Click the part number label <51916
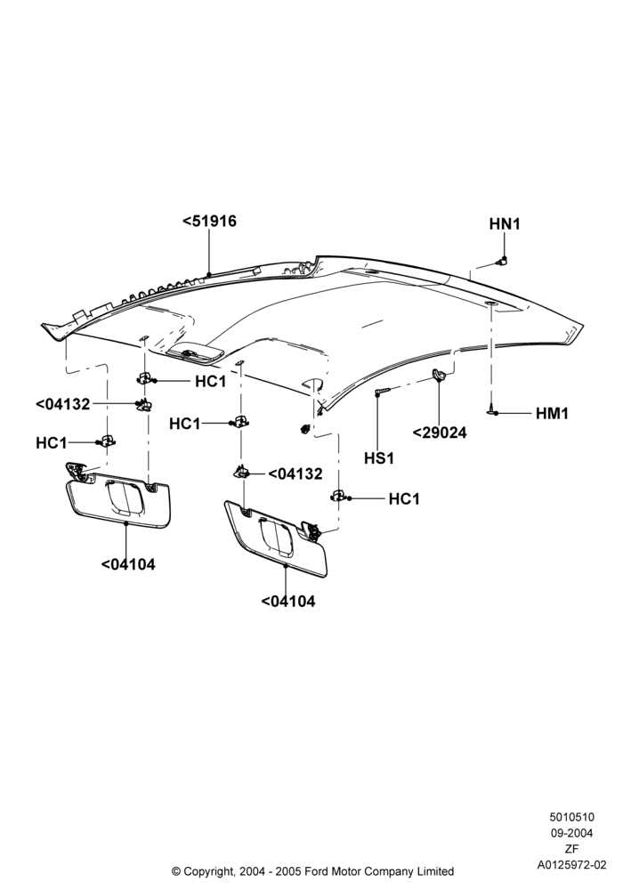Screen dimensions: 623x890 pos(209,221)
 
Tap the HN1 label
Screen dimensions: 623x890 pos(505,224)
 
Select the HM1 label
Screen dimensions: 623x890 pos(552,413)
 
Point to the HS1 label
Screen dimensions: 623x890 pos(379,457)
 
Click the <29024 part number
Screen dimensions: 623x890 pos(440,433)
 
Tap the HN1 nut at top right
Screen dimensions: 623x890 pos(501,261)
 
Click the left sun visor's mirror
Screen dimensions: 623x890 pos(125,497)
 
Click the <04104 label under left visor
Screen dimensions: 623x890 pos(128,564)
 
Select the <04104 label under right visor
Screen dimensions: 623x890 pos(288,601)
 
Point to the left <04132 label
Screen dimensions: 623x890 pos(62,404)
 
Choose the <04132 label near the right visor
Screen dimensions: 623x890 pos(295,473)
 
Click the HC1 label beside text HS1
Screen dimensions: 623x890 pos(404,499)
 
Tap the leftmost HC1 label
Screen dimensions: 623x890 pos(51,442)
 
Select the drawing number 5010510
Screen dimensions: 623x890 pos(572,817)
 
